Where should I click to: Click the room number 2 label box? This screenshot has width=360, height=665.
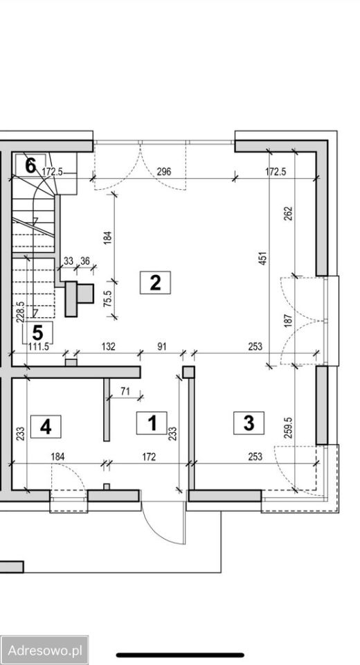[155, 283]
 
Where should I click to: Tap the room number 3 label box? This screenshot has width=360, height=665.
[249, 423]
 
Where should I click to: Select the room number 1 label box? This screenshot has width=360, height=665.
[152, 423]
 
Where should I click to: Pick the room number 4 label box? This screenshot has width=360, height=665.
[46, 427]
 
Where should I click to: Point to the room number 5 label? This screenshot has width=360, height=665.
[38, 332]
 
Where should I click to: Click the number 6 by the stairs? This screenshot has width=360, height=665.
[30, 166]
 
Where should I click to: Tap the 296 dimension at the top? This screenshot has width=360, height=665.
[163, 172]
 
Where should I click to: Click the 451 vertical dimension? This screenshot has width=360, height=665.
[262, 258]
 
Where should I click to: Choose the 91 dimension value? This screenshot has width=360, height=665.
[162, 346]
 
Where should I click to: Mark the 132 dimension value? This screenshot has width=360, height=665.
[109, 346]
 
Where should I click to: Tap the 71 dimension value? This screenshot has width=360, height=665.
[125, 391]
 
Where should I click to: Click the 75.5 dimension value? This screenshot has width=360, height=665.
[108, 298]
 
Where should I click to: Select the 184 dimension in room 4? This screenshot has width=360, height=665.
[58, 456]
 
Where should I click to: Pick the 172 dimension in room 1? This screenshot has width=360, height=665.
[149, 456]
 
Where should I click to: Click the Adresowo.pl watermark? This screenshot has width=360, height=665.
[44, 650]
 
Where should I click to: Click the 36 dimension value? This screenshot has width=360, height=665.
[84, 261]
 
